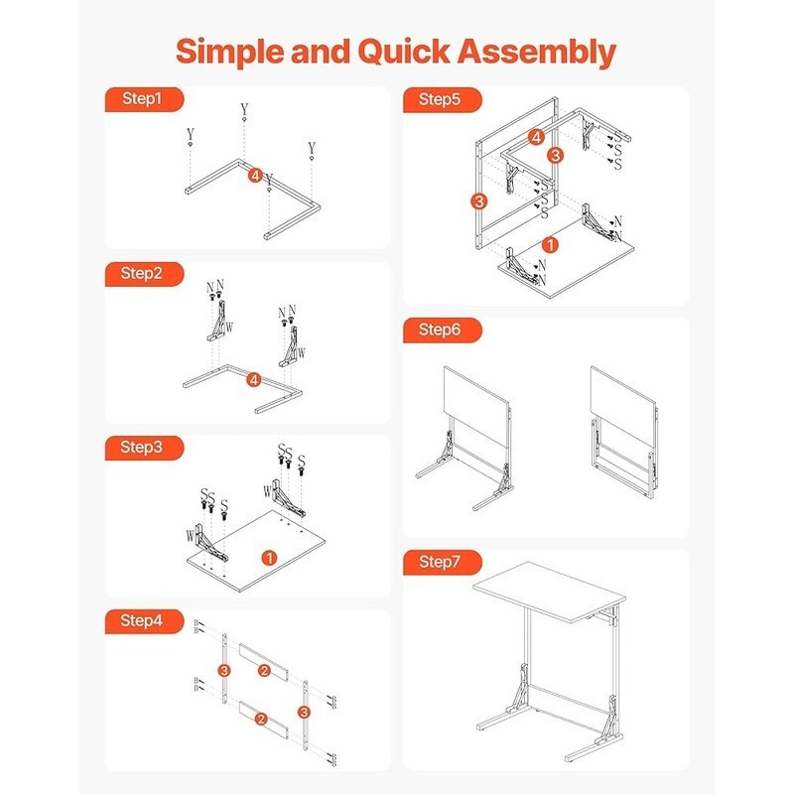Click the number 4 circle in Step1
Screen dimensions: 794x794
(256, 176)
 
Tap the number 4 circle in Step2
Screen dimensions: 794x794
(254, 379)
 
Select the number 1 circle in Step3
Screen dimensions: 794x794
(268, 557)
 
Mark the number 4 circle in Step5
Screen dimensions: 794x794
(536, 137)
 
